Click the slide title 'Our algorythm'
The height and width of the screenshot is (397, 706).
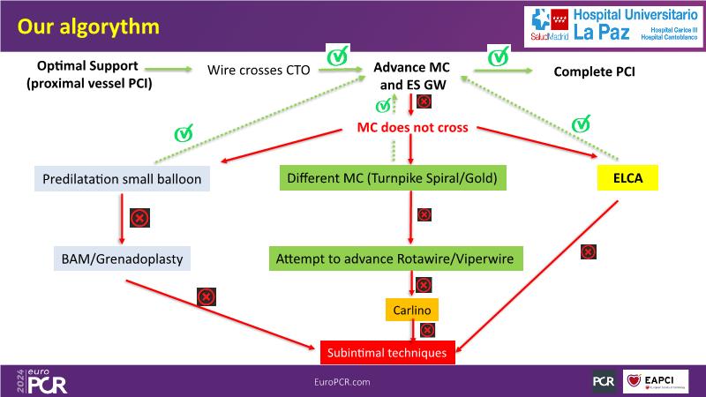pyautogui.click(x=88, y=26)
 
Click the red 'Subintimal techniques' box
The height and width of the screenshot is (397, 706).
pyautogui.click(x=387, y=353)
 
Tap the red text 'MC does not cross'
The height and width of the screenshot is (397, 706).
pyautogui.click(x=412, y=129)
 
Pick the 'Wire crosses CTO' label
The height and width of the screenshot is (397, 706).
pyautogui.click(x=259, y=70)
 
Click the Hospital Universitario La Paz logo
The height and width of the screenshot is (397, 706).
pyautogui.click(x=613, y=26)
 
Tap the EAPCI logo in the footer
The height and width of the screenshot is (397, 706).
pyautogui.click(x=656, y=381)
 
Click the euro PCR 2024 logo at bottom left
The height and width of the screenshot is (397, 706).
pyautogui.click(x=41, y=380)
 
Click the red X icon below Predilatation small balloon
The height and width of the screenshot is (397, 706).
pyautogui.click(x=139, y=217)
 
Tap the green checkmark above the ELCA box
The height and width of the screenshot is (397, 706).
pyautogui.click(x=581, y=124)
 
